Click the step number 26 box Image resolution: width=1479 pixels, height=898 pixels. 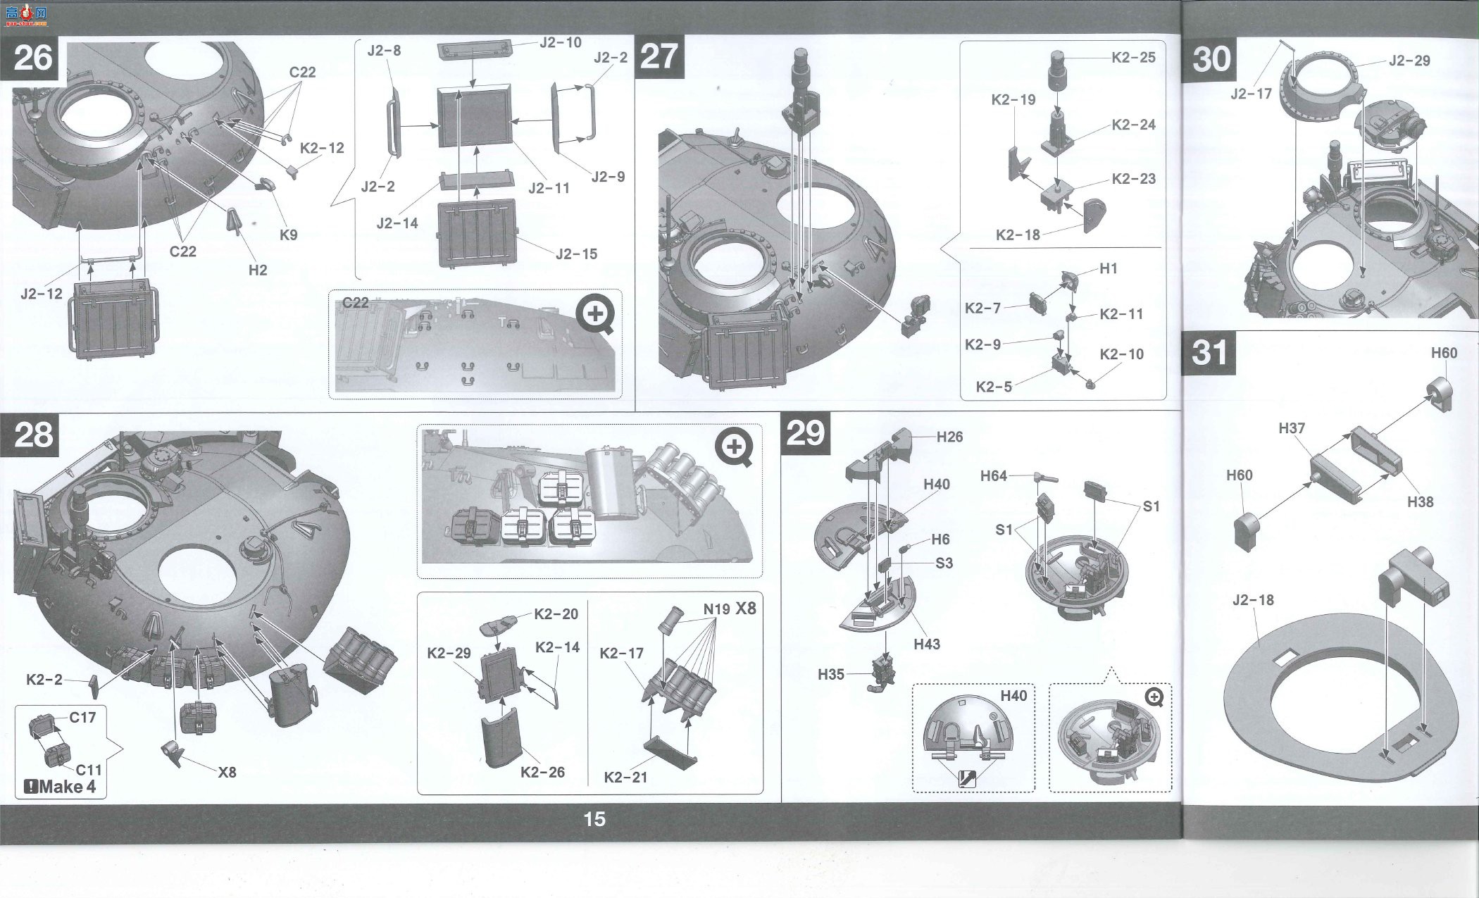coord(33,56)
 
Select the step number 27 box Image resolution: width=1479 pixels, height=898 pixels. coord(659,56)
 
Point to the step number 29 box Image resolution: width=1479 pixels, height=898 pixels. coord(805,434)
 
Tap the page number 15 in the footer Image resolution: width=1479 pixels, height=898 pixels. coord(594,819)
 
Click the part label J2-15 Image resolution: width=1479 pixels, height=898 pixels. coord(576,254)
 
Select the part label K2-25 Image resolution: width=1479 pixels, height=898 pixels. coord(1133,58)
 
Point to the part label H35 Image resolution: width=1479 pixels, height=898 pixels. coord(831,674)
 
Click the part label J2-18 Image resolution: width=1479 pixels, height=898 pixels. coord(1253,600)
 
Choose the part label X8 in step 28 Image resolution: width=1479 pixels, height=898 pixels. coord(227,772)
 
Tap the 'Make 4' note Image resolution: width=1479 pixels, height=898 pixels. coord(61,787)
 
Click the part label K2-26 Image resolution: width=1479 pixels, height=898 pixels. coord(542,772)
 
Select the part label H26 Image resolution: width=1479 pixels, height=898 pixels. coord(949,437)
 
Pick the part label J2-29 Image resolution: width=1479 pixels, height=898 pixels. coord(1409,61)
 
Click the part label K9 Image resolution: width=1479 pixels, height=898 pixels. coord(289,235)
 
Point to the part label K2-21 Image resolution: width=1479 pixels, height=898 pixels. coord(625,777)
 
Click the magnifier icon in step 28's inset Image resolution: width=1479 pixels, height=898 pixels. coord(734,448)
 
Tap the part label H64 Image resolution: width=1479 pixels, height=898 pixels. coord(994,476)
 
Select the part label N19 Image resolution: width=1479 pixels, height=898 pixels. coord(716,609)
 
